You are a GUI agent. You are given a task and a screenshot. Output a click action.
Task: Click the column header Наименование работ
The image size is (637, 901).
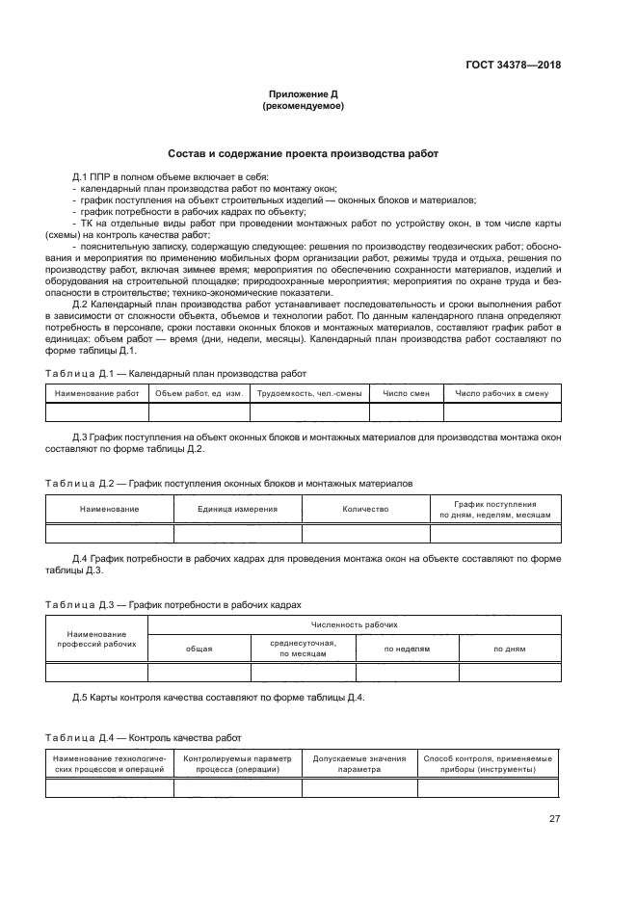point(96,393)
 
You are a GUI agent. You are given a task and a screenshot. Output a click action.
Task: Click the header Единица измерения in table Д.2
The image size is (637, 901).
point(237,509)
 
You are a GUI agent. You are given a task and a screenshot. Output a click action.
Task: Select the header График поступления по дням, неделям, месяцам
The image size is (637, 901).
point(494,509)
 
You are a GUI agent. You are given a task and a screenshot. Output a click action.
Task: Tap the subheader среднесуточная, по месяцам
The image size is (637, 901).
point(303,648)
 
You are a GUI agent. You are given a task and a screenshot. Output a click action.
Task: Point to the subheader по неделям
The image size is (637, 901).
point(407,649)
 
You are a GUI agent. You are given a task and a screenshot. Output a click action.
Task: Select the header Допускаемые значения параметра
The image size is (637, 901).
point(358,764)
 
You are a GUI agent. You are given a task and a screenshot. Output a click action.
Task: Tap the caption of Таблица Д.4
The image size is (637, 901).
point(144,737)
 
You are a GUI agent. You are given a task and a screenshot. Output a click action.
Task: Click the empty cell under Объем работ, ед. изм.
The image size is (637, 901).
point(199,412)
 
